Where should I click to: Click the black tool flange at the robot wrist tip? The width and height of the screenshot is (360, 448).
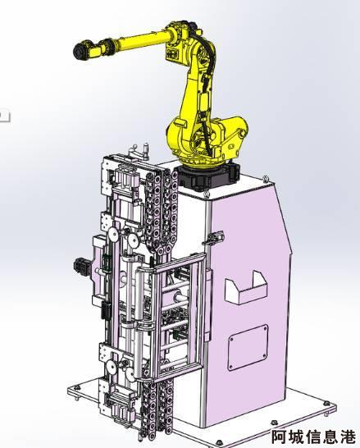point(80,51)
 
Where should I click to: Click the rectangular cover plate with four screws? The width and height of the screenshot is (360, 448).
point(248,347)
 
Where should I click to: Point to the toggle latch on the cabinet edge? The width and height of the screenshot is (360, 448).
point(213,238)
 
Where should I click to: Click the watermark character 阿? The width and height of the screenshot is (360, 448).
point(279,437)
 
